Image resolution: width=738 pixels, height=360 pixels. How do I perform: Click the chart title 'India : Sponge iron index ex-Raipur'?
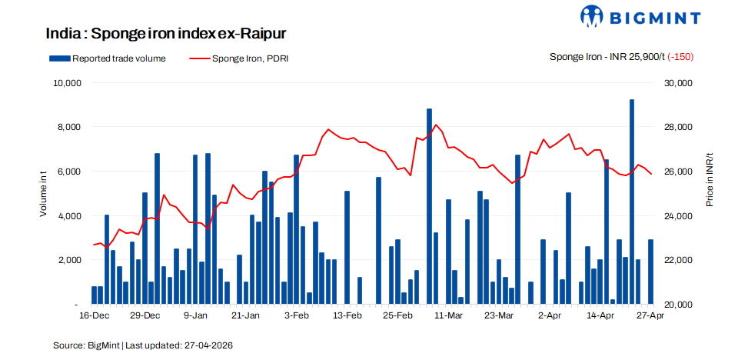(166, 34)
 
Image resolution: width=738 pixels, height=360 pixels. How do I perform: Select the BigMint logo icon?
(597, 15)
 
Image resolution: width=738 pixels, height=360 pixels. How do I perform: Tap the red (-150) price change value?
(682, 57)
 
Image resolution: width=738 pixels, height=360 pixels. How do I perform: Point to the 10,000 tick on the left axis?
(68, 82)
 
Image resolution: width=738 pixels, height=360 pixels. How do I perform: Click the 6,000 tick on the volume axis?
(70, 172)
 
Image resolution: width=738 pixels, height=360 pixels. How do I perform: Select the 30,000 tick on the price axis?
(679, 82)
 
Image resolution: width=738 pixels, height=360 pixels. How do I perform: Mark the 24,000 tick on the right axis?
(679, 216)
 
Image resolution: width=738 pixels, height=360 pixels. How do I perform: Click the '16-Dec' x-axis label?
(95, 315)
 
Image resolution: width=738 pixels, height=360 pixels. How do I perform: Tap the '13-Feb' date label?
(347, 315)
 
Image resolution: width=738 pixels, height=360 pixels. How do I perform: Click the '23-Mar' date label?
(500, 315)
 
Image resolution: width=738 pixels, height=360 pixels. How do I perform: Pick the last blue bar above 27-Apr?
(651, 272)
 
